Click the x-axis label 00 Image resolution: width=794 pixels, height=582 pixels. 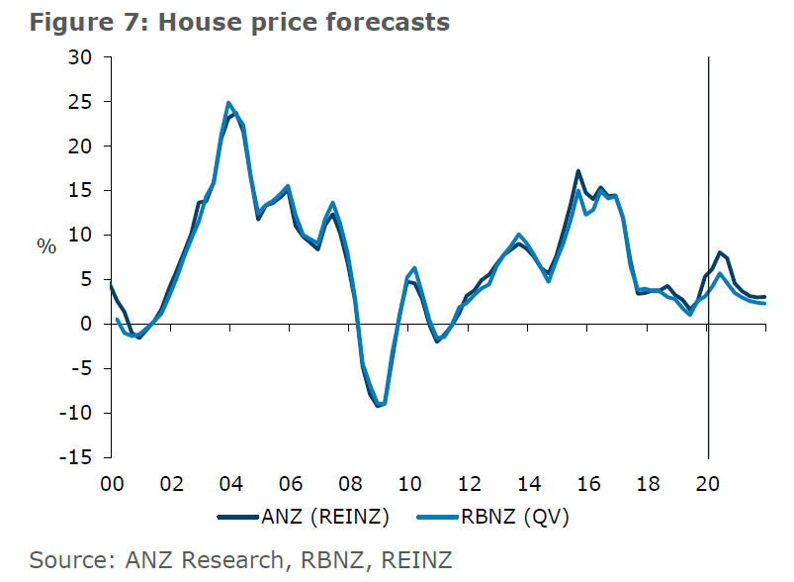pos(111,484)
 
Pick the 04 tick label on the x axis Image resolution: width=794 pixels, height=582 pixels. pos(230,484)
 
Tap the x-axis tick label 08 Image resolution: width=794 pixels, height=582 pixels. pos(350,484)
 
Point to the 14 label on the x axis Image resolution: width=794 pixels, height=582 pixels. pos(529,484)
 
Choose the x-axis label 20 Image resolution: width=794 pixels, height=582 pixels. pos(709,484)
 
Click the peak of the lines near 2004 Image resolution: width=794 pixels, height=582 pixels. pos(229,103)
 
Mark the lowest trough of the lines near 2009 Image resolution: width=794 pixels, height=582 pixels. pos(379,406)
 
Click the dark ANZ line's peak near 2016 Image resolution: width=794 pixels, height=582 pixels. pos(578,171)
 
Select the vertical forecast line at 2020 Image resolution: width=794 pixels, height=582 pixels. pos(709,198)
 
